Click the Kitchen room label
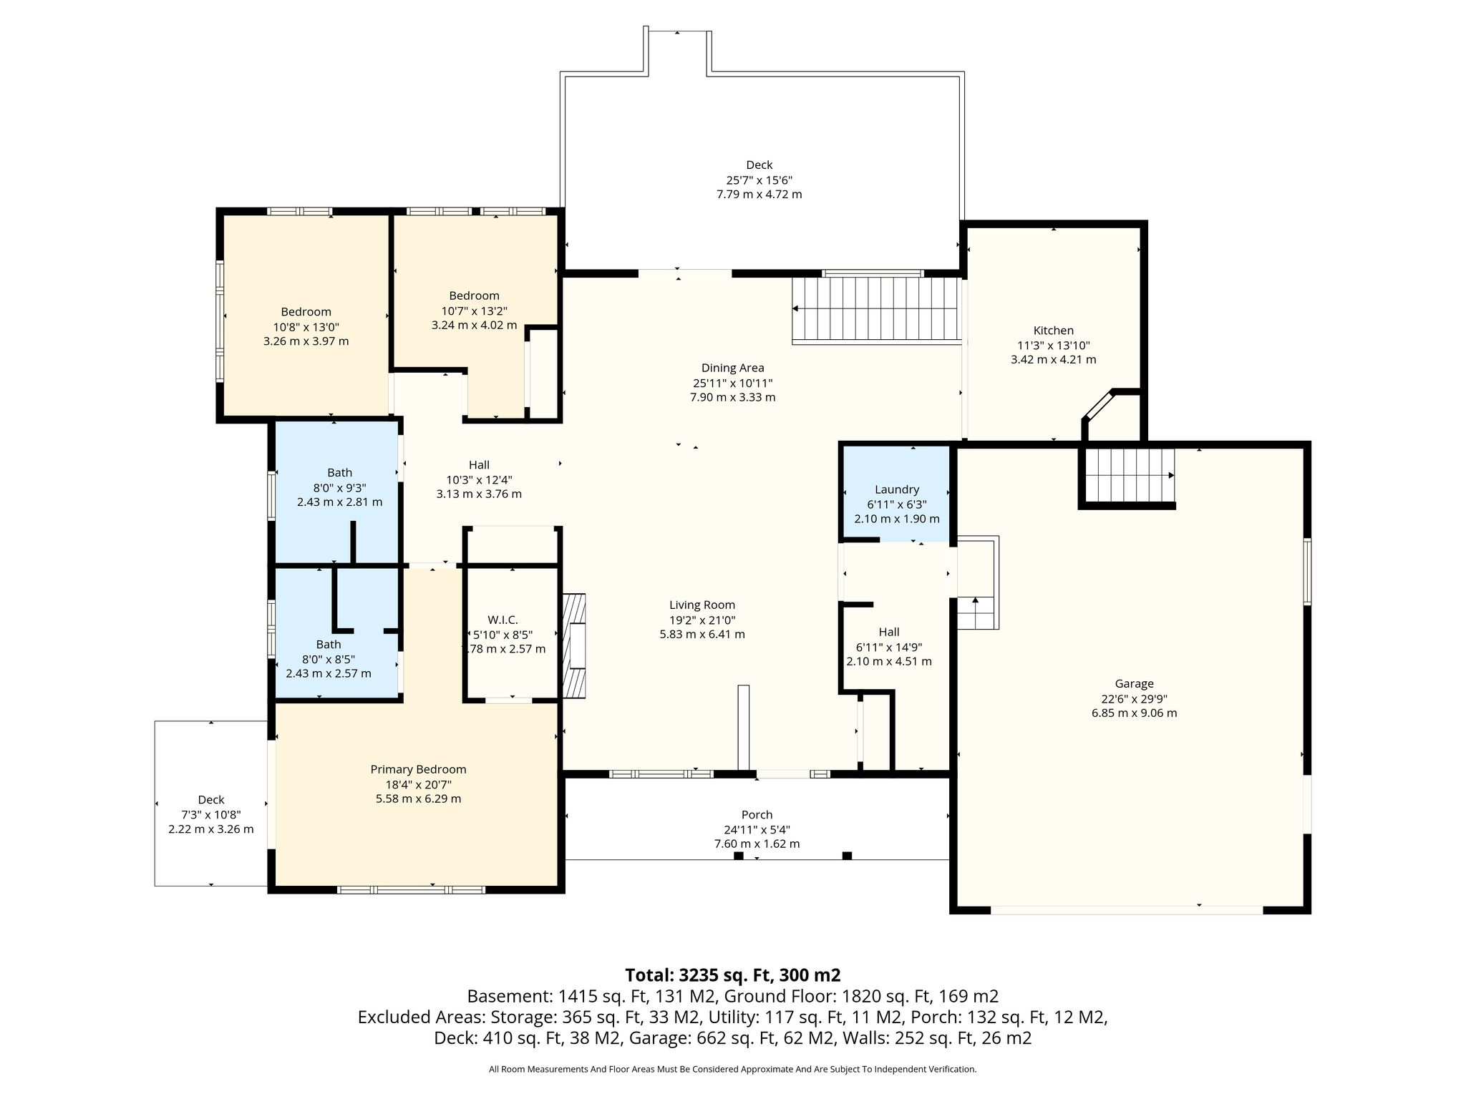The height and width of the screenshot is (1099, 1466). (1053, 331)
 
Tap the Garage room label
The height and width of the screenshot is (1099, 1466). (1134, 683)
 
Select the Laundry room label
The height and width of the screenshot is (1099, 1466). (896, 489)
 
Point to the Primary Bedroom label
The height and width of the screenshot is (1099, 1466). (418, 769)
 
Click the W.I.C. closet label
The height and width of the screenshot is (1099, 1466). (503, 620)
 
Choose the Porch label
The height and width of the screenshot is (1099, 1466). (757, 814)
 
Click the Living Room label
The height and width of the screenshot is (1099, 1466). (702, 605)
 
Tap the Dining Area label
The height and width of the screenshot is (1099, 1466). (732, 368)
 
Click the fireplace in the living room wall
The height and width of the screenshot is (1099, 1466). (575, 645)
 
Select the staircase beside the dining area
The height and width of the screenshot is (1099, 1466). (875, 310)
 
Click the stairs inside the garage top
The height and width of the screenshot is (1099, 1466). (1127, 475)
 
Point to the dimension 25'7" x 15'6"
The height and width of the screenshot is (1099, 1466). (759, 180)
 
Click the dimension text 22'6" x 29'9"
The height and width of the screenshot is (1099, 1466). (1134, 698)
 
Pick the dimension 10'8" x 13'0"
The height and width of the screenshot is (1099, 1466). (306, 327)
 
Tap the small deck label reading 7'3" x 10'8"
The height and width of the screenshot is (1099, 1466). (210, 815)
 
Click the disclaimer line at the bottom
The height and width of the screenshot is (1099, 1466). (732, 1069)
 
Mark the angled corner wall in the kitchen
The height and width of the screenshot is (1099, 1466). (1097, 406)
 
